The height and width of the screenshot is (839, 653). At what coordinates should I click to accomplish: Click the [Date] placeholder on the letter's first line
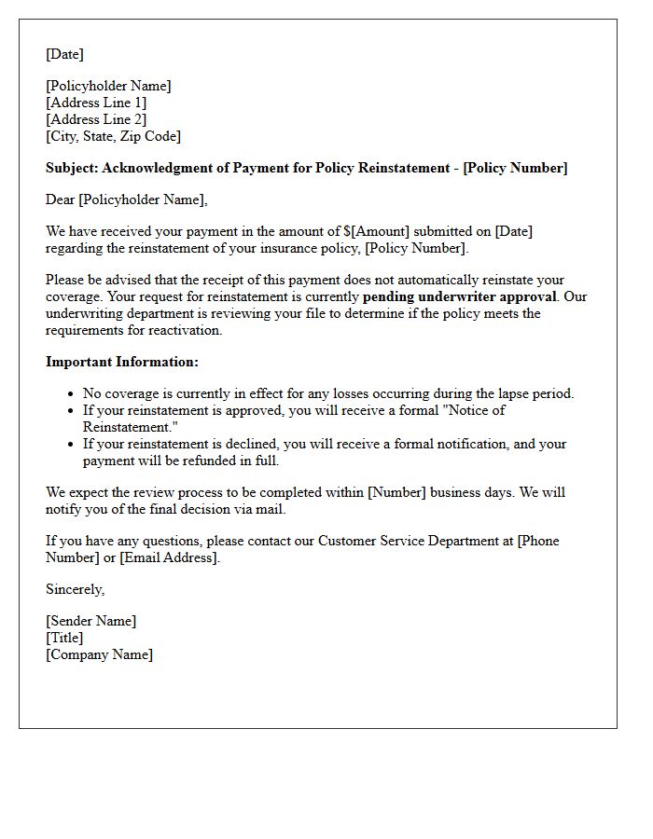point(64,54)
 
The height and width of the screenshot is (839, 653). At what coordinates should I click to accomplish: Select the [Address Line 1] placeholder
point(96,103)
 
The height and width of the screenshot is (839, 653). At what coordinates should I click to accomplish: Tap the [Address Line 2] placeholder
point(96,119)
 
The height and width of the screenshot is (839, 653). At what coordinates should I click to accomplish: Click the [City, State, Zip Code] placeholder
point(113,136)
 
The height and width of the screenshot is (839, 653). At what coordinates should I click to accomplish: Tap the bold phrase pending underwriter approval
point(460,296)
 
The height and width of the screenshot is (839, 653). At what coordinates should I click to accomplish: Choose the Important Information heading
point(122,362)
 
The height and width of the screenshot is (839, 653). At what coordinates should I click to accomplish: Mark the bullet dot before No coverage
point(71,394)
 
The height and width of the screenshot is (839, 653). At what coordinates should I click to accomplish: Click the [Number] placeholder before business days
point(398,492)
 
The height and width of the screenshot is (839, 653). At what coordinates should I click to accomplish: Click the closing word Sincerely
point(75,589)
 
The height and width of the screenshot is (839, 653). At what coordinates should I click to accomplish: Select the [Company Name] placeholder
point(99,654)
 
